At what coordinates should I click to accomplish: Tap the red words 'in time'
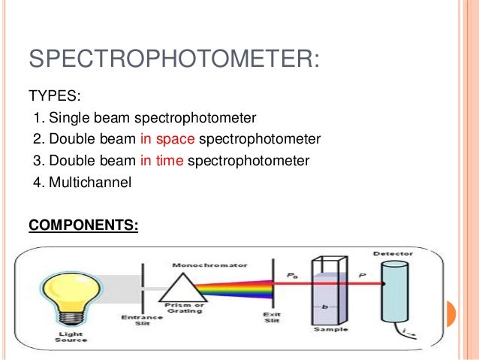coord(162,160)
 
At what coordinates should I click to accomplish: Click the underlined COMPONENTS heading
coord(83,225)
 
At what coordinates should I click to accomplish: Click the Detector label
coord(390,253)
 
